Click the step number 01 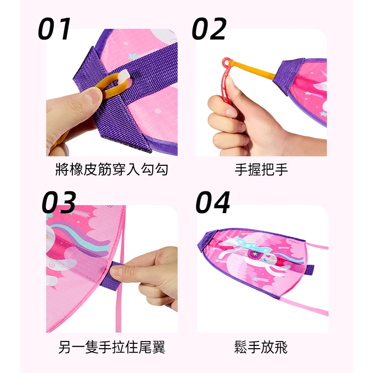[55, 29]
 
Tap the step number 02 [209, 29]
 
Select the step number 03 [59, 202]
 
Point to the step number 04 [213, 202]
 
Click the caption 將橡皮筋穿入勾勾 [112, 170]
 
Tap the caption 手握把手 [261, 170]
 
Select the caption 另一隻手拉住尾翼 [112, 347]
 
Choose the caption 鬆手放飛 [261, 347]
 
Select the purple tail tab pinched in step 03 [112, 275]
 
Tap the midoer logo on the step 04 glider [294, 242]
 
